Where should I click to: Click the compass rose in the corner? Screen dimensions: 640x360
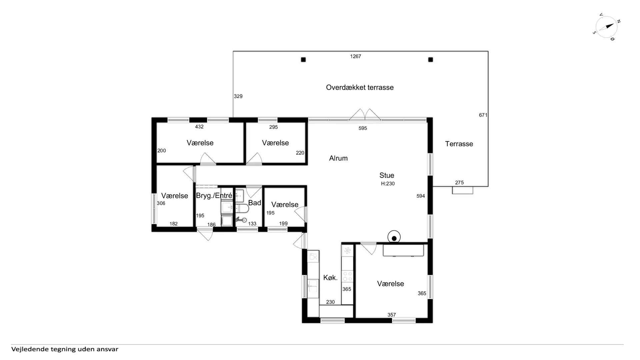(607, 27)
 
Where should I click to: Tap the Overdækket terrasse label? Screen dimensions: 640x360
(360, 87)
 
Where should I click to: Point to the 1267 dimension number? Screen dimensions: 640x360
(355, 56)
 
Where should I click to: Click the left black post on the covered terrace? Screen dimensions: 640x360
(303, 60)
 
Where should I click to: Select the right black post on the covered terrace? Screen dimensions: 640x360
(431, 60)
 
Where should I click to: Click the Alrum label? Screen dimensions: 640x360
(338, 158)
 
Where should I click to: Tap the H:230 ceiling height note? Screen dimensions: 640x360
(388, 184)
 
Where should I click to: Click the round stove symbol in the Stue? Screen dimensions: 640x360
(394, 238)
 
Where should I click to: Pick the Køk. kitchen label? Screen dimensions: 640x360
(330, 277)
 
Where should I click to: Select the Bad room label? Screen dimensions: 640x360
(255, 203)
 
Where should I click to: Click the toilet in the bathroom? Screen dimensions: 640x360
(242, 209)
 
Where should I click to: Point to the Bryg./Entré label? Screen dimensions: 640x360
(214, 196)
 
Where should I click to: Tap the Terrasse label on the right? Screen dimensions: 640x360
(459, 144)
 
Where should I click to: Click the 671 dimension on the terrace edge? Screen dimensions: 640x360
(483, 115)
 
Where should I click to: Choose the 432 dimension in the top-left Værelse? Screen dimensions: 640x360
(199, 127)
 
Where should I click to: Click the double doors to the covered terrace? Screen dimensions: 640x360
(365, 114)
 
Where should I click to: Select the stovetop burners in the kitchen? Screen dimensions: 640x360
(347, 276)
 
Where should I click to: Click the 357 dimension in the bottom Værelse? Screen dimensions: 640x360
(392, 315)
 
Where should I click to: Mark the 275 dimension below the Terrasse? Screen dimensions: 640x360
(459, 183)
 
